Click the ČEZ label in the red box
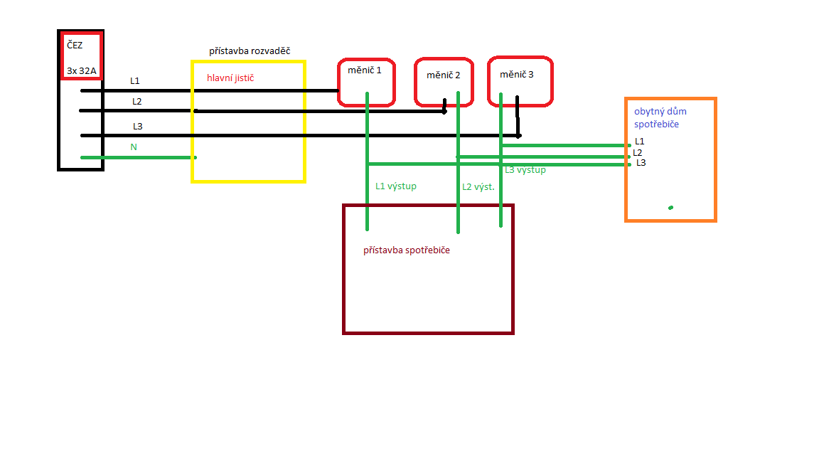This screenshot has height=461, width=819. (x=75, y=45)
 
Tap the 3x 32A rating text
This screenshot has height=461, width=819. (x=81, y=70)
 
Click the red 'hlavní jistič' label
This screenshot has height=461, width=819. (x=230, y=78)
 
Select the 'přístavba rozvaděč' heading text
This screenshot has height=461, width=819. (x=250, y=51)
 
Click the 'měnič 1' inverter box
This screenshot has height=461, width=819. (x=366, y=82)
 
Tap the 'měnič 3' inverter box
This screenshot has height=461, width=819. (x=520, y=81)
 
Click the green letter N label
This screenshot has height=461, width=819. (x=134, y=147)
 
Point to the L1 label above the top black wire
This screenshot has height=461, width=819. (x=135, y=81)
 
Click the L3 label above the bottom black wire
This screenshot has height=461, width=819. (x=138, y=127)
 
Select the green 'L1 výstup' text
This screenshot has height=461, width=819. (x=396, y=186)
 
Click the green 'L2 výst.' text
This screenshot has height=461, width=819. (x=478, y=187)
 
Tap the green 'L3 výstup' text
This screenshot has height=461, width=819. (x=525, y=170)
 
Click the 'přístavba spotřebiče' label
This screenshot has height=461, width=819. (x=407, y=250)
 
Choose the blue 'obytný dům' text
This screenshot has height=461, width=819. (x=660, y=112)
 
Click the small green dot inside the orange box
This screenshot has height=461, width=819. (x=670, y=208)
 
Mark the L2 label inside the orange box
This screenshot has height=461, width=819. (x=638, y=152)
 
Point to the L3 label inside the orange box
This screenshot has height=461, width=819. (x=641, y=163)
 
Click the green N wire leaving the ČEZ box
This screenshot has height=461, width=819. (x=142, y=157)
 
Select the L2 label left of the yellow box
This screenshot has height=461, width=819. (x=137, y=102)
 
